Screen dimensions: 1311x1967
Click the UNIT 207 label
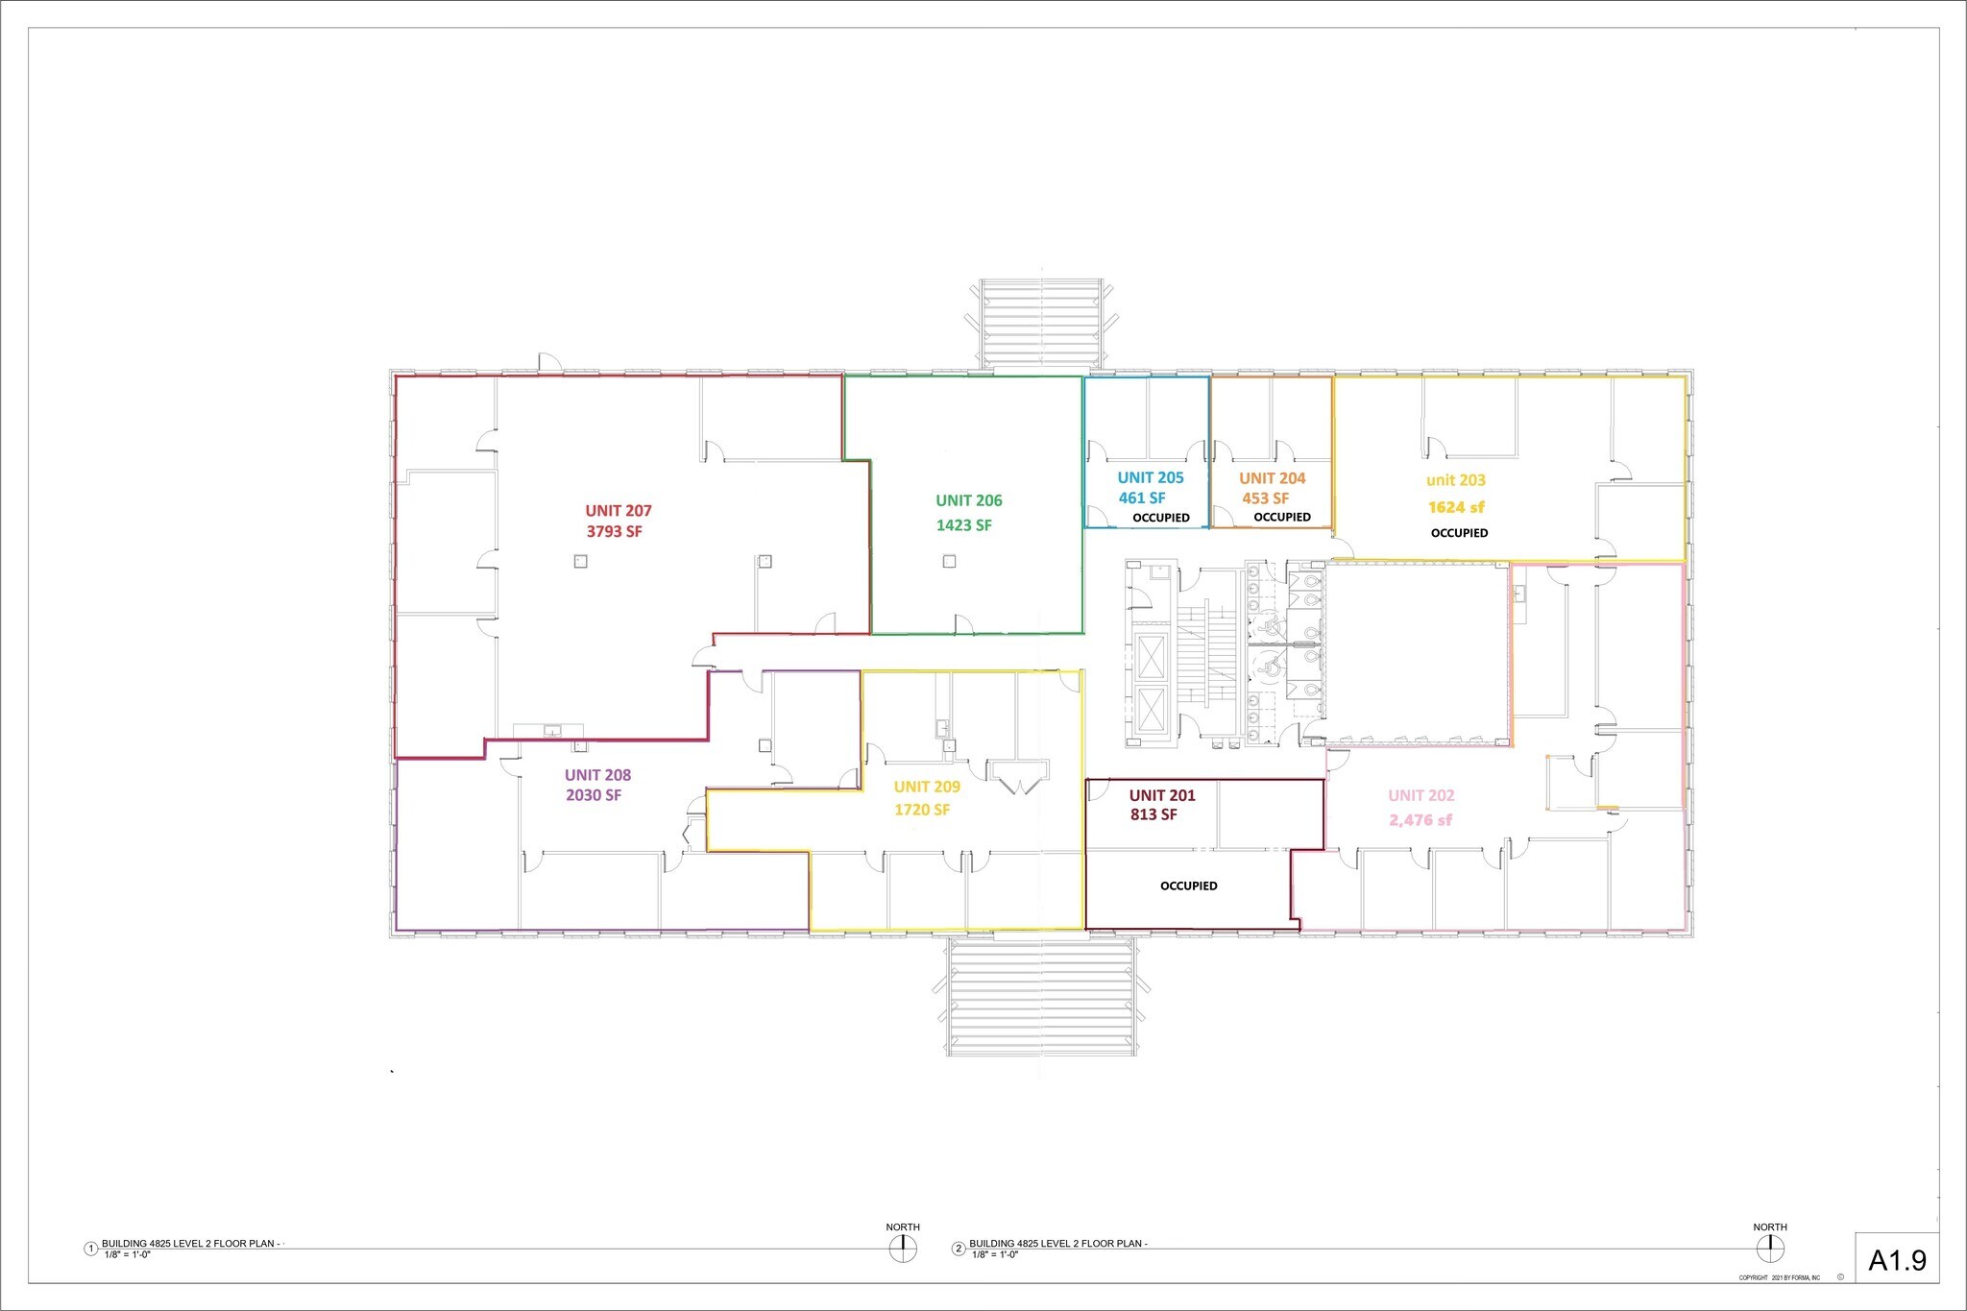pos(619,511)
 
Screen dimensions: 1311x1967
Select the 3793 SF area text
pos(615,531)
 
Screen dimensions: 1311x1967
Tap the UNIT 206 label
pos(968,500)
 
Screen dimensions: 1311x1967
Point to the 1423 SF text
pos(963,525)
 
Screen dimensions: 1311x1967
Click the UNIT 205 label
pos(1150,477)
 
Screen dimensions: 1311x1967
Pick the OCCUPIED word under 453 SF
pos(1281,517)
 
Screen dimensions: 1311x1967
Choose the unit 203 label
pos(1455,480)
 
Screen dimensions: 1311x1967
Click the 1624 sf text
pos(1455,507)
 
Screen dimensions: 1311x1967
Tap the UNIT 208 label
pos(597,775)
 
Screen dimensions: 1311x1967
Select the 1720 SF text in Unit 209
pos(922,810)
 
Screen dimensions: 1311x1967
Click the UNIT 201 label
pos(1161,795)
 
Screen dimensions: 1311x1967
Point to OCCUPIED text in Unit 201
pos(1188,886)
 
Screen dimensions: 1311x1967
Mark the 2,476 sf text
pos(1420,820)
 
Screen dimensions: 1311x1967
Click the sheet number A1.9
pos(1897,1260)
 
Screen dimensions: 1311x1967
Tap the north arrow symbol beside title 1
pos(902,1249)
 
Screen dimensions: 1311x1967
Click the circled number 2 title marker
pos(958,1249)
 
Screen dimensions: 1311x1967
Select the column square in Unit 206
pos(949,562)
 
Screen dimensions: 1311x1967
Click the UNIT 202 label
pos(1421,795)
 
